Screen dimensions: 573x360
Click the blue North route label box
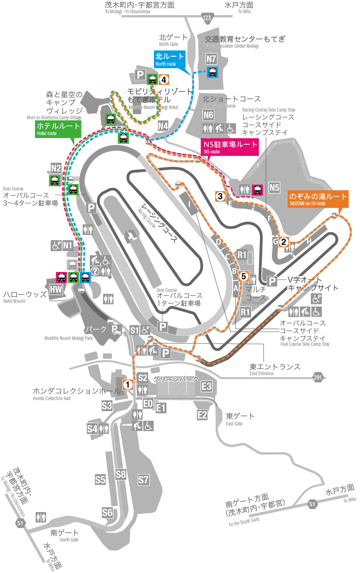pyautogui.click(x=169, y=59)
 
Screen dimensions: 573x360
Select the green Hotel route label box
pyautogui.click(x=58, y=129)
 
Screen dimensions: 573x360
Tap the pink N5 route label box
pyautogui.click(x=230, y=147)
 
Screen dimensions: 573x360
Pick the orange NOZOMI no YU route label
pyautogui.click(x=317, y=199)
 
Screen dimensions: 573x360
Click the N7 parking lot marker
pyautogui.click(x=211, y=59)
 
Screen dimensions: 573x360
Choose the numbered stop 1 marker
pyautogui.click(x=128, y=385)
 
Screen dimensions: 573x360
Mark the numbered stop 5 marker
pyautogui.click(x=244, y=276)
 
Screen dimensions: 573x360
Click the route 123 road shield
pyautogui.click(x=207, y=17)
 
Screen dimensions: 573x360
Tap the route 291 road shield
pyautogui.click(x=318, y=377)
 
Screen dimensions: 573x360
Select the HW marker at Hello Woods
pyautogui.click(x=56, y=289)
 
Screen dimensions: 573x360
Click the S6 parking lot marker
pyautogui.click(x=107, y=512)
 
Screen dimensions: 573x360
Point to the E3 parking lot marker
pyautogui.click(x=207, y=386)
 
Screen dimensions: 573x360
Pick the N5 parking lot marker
pyautogui.click(x=274, y=188)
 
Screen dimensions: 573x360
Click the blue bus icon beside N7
pyautogui.click(x=212, y=72)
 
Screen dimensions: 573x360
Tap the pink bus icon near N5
pyautogui.click(x=258, y=190)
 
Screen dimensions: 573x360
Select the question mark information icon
pyautogui.click(x=95, y=271)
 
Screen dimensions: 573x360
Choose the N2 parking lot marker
pyautogui.click(x=56, y=168)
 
